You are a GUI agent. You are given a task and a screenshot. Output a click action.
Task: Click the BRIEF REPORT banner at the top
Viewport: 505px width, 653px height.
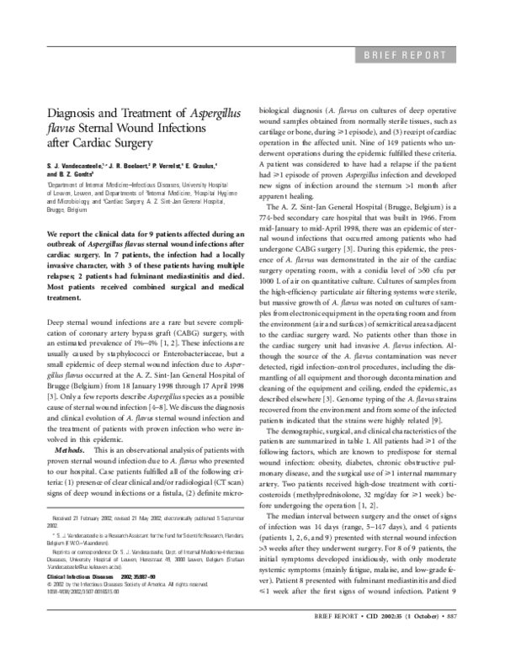point(405,56)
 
